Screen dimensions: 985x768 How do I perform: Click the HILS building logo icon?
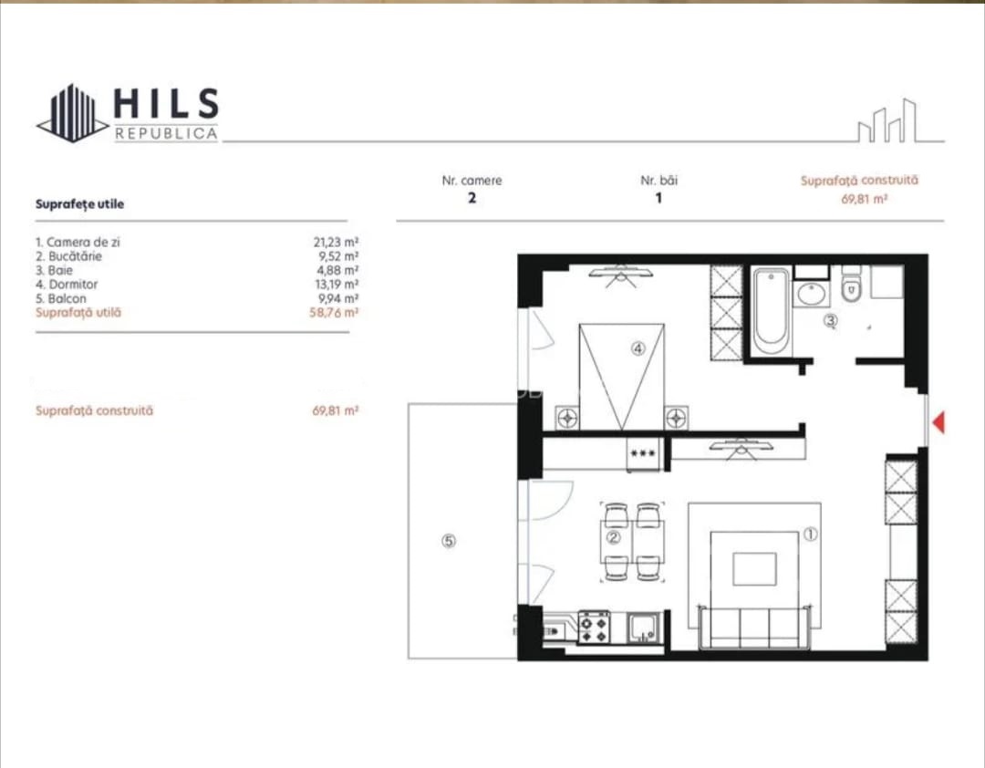[72, 113]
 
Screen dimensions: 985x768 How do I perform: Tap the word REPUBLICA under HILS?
[167, 134]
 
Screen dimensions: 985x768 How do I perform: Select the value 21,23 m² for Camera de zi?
[336, 242]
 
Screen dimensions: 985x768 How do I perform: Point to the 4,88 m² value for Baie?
[337, 270]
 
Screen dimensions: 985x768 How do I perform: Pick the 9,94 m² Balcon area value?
[338, 298]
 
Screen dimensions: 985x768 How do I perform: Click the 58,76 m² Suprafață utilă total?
[334, 312]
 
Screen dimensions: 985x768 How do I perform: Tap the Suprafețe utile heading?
[79, 203]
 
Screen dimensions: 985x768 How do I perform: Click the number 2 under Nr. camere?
[472, 198]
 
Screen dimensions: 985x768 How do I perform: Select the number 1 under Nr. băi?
[658, 198]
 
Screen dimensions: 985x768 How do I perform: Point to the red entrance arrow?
[938, 422]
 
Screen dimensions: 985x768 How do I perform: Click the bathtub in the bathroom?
[771, 311]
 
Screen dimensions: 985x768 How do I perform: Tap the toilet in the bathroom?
[851, 284]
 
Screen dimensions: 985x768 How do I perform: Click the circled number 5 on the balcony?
[449, 541]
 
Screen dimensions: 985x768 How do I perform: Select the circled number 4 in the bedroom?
[638, 348]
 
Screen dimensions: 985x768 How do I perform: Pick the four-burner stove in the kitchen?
[594, 628]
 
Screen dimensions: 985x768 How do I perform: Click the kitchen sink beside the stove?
[643, 628]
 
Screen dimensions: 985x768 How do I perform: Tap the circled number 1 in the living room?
[811, 534]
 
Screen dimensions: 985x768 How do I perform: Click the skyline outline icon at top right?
[899, 121]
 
